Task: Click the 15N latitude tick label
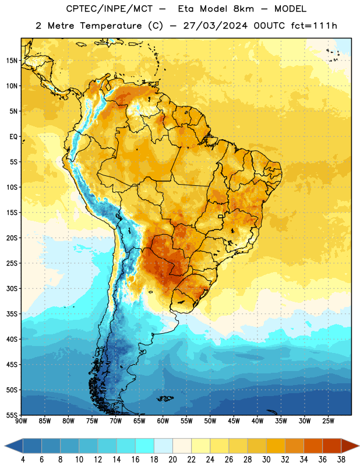coord(12,61)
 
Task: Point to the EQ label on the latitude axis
coord(13,137)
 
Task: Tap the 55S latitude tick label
coord(12,415)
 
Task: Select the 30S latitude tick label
coord(12,288)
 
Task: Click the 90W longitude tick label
coord(21,421)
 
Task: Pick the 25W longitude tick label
coord(328,421)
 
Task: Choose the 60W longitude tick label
coord(163,421)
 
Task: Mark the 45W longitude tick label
coord(234,421)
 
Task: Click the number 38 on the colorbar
coord(341,460)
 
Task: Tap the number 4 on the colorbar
coord(23,460)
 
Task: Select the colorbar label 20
coord(172,460)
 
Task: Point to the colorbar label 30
coord(266,460)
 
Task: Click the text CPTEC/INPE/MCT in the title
coord(109,9)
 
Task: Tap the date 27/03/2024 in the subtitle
coord(215,26)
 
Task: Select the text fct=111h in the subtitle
coord(314,26)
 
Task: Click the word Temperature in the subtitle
coord(111,26)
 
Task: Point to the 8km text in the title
coord(243,9)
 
